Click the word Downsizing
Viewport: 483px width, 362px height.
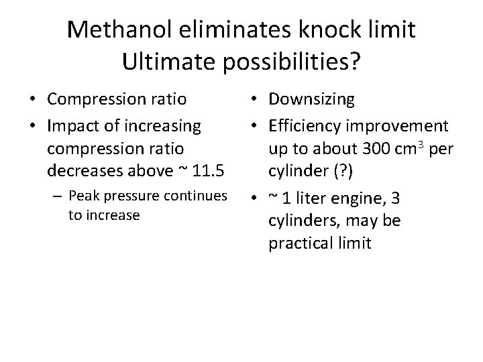click(312, 100)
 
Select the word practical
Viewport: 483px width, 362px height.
click(300, 243)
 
